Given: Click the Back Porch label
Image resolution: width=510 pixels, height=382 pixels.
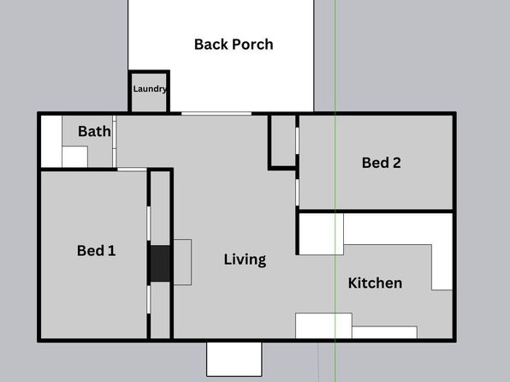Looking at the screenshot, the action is [x=234, y=45].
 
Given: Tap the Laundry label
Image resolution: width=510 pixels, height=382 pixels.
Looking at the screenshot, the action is [x=150, y=89].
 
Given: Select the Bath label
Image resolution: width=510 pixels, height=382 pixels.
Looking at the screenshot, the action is [x=94, y=131].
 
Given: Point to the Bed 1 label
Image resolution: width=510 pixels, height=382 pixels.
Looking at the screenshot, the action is [x=97, y=250].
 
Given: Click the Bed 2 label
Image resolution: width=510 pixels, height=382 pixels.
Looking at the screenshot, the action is [x=381, y=163].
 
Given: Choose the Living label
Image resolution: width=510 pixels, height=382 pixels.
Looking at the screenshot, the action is [x=245, y=260].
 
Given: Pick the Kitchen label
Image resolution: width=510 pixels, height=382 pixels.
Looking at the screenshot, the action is [x=375, y=283].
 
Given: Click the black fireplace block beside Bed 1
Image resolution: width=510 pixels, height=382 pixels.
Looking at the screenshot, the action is [x=160, y=264].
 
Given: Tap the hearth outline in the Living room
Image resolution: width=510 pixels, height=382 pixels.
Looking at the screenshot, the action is [x=182, y=262].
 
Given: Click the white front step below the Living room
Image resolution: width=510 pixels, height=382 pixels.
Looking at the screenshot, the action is [x=234, y=359].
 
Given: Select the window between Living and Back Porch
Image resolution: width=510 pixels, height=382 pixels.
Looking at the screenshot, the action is [x=216, y=114].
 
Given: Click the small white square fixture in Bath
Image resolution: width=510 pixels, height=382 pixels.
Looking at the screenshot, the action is [x=74, y=157].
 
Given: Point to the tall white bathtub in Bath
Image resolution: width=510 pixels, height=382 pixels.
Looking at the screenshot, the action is [x=51, y=141].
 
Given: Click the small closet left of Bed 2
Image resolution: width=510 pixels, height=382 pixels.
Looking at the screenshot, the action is [x=283, y=140].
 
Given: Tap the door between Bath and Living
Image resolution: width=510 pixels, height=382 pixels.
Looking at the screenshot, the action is [x=114, y=141].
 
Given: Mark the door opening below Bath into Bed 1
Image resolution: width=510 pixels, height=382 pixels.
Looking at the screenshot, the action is [x=132, y=170].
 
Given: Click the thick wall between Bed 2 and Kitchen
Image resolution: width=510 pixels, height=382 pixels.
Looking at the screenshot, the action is [x=376, y=212].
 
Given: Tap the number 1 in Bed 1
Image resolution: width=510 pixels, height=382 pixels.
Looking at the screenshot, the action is [x=111, y=250].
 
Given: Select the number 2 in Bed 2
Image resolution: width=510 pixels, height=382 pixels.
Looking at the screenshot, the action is [x=396, y=163].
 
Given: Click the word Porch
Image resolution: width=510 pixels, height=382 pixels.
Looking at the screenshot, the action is [x=253, y=45].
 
